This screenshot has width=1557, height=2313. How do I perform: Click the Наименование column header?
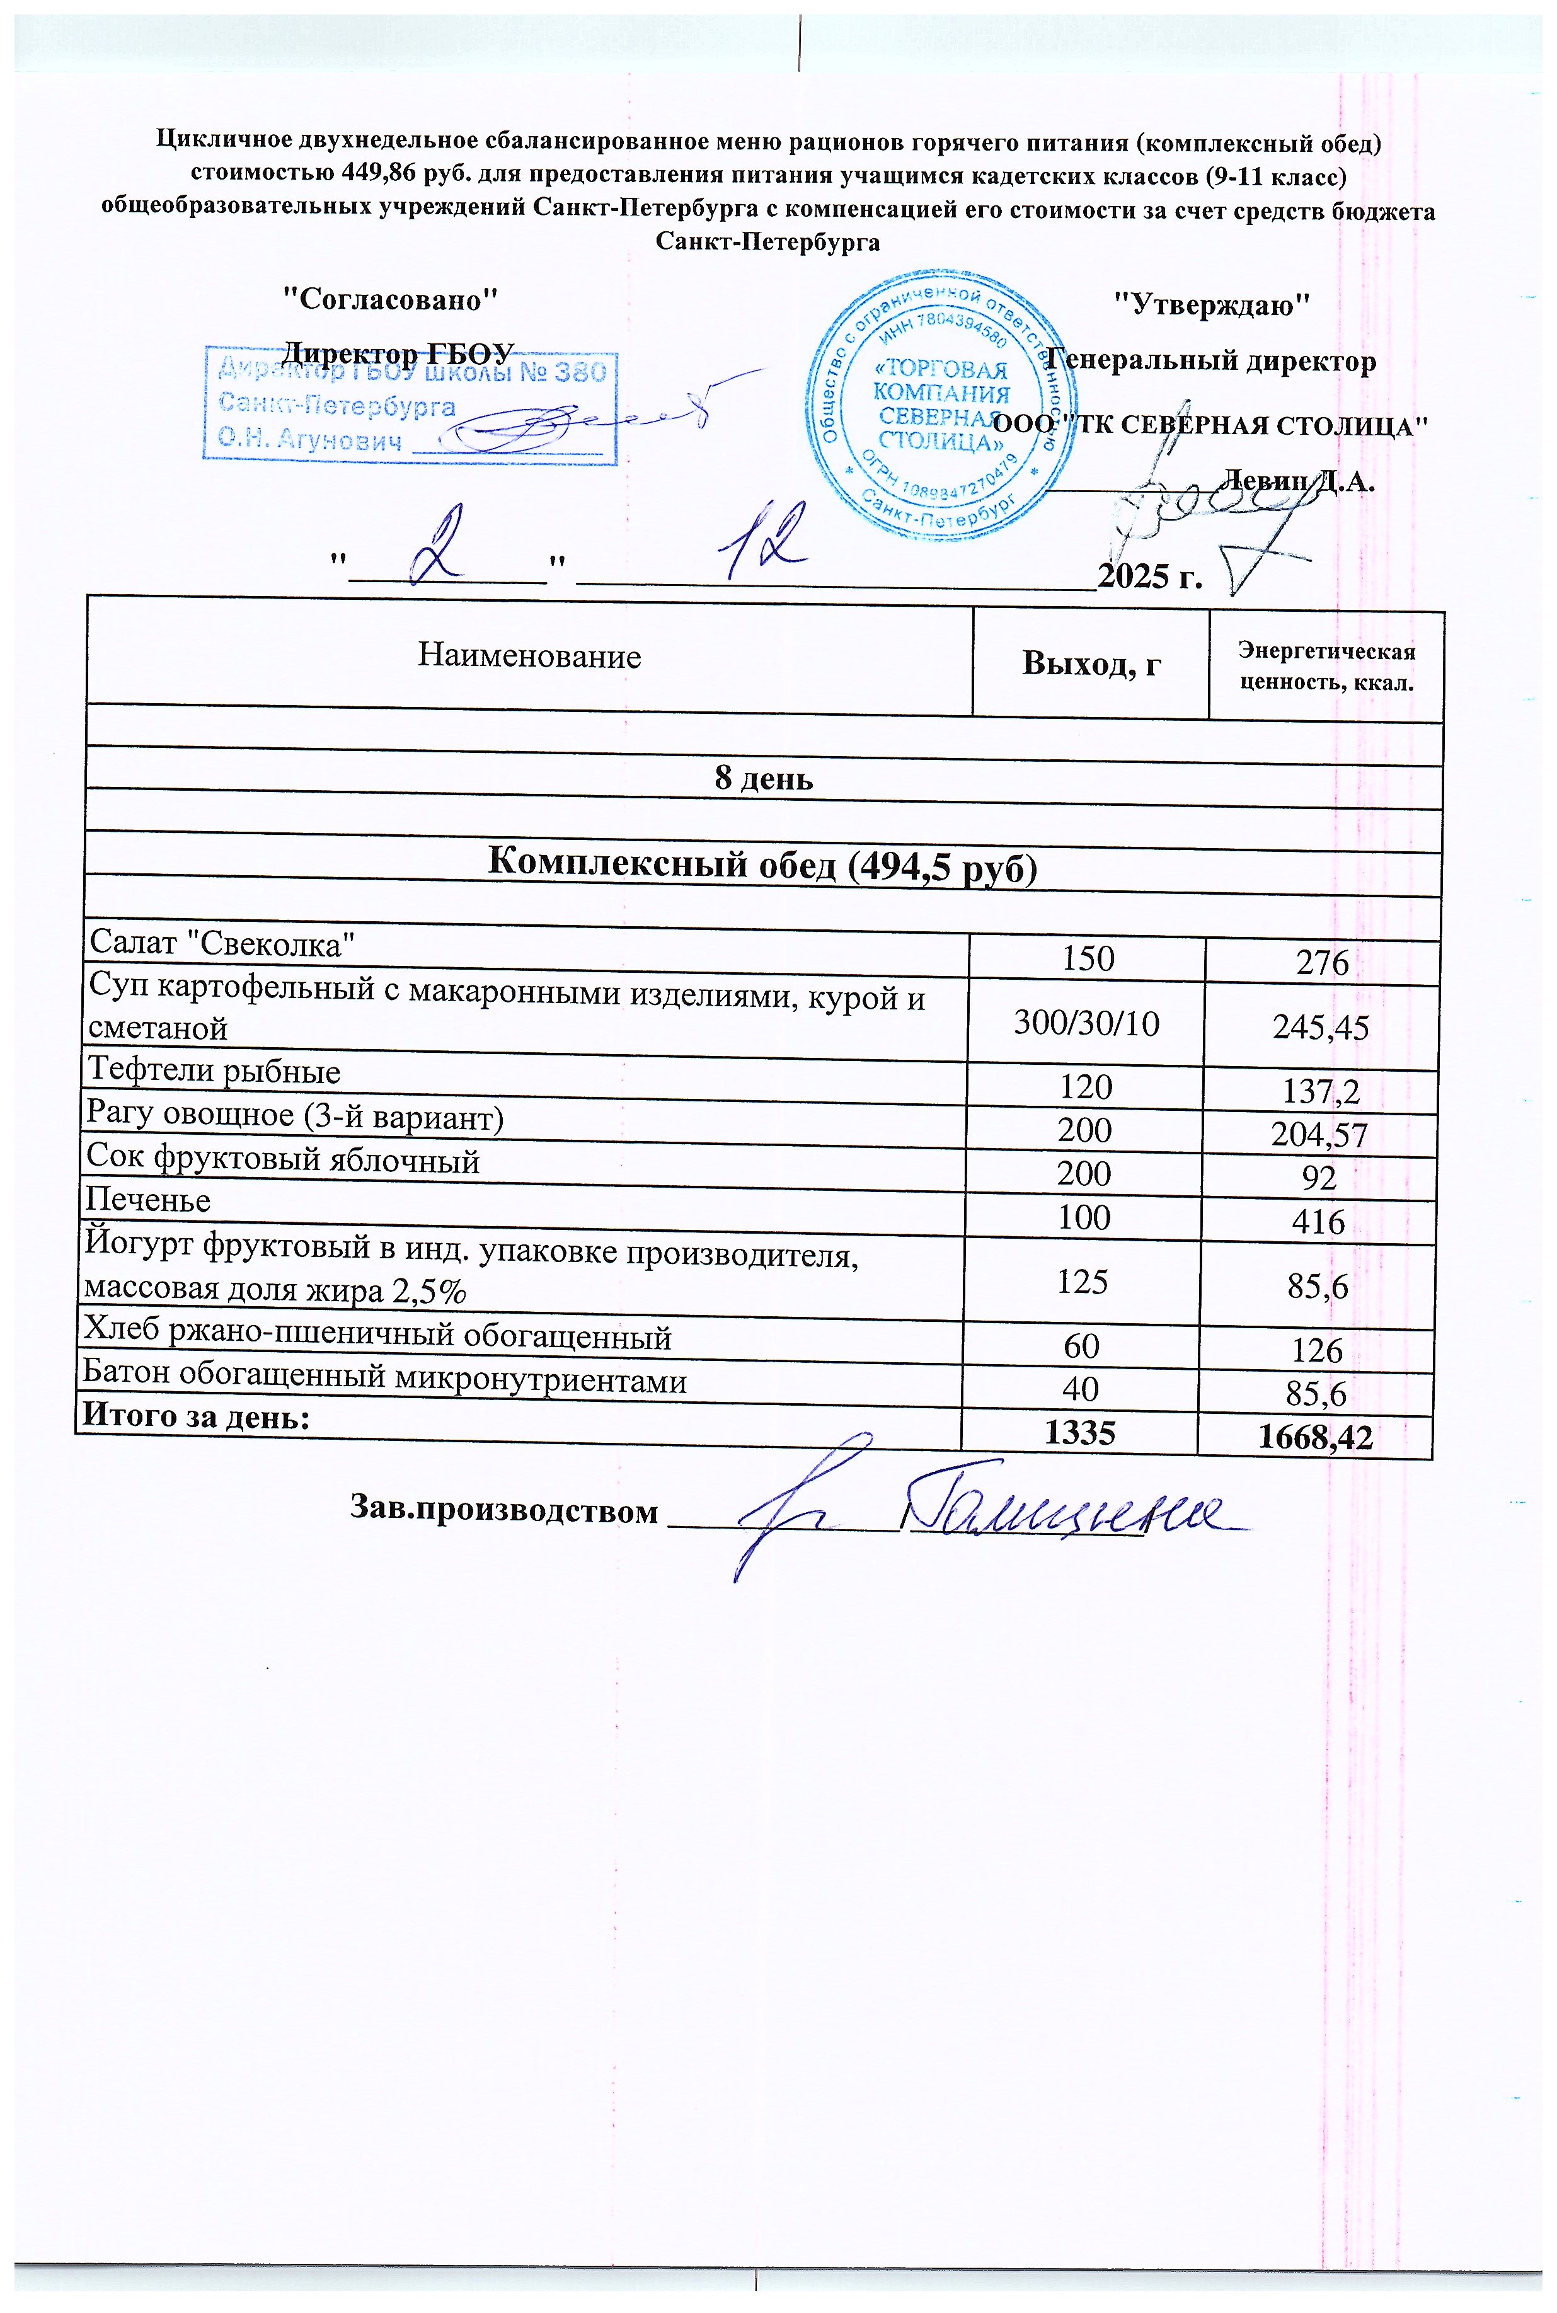[x=529, y=656]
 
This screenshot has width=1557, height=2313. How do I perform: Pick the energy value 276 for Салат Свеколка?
[x=1322, y=963]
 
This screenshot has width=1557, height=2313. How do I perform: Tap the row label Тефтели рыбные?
[x=214, y=1071]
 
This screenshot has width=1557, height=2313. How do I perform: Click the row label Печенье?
[x=148, y=1201]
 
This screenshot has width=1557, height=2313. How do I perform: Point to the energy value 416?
[x=1319, y=1222]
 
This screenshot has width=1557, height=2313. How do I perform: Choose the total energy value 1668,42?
[x=1316, y=1437]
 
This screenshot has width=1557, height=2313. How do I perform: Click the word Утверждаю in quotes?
[x=1212, y=305]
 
